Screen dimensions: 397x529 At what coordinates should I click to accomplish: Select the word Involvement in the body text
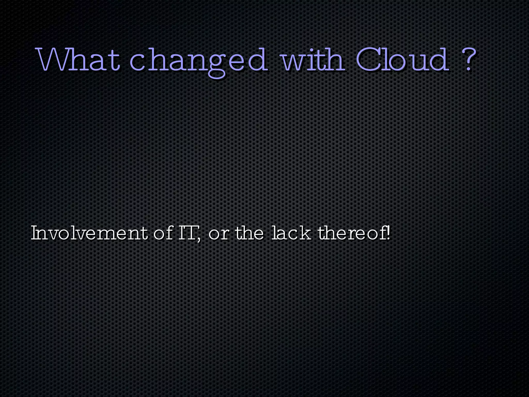(89, 233)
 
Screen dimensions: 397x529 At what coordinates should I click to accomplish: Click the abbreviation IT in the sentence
(188, 233)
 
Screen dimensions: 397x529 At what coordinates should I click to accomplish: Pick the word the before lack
(250, 233)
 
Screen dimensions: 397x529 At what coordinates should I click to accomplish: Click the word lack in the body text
(291, 233)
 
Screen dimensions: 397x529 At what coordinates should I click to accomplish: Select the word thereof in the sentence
(352, 233)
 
